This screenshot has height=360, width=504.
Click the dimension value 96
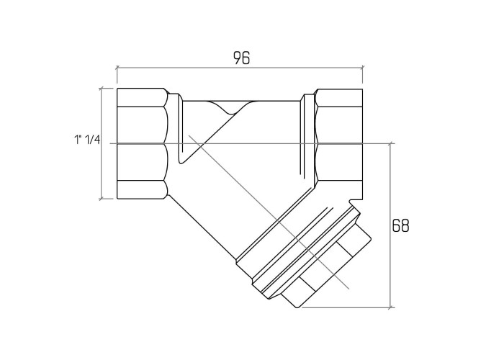click(241, 58)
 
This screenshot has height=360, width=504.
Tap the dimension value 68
click(401, 225)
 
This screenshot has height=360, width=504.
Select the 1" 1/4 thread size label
click(87, 140)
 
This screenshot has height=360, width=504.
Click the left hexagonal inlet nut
click(143, 144)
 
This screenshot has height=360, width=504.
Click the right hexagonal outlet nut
click(338, 144)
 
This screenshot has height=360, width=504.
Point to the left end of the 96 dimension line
click(117, 68)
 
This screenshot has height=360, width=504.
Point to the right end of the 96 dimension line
click(363, 68)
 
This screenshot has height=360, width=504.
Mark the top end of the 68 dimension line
click(390, 144)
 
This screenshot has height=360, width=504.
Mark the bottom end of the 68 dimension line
click(390, 307)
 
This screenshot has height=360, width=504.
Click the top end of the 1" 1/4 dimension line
click(102, 88)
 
